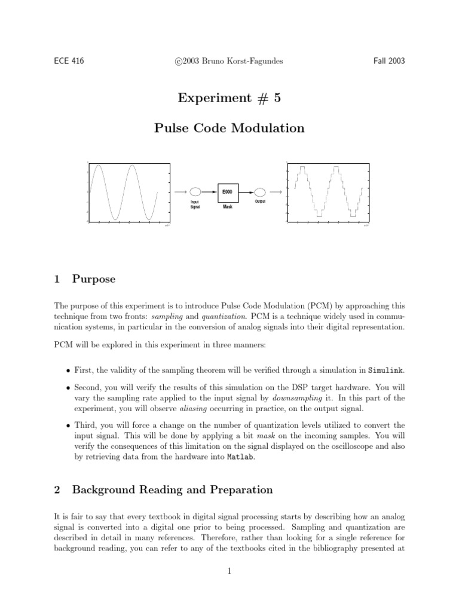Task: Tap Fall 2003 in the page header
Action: [390, 62]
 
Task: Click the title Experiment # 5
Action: [229, 99]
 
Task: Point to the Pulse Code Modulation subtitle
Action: [229, 128]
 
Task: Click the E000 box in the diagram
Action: [228, 192]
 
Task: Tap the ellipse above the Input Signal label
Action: [195, 192]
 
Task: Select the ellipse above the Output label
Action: [259, 192]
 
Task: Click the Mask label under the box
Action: [228, 207]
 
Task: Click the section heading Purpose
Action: [94, 279]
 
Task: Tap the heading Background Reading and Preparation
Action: [172, 490]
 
